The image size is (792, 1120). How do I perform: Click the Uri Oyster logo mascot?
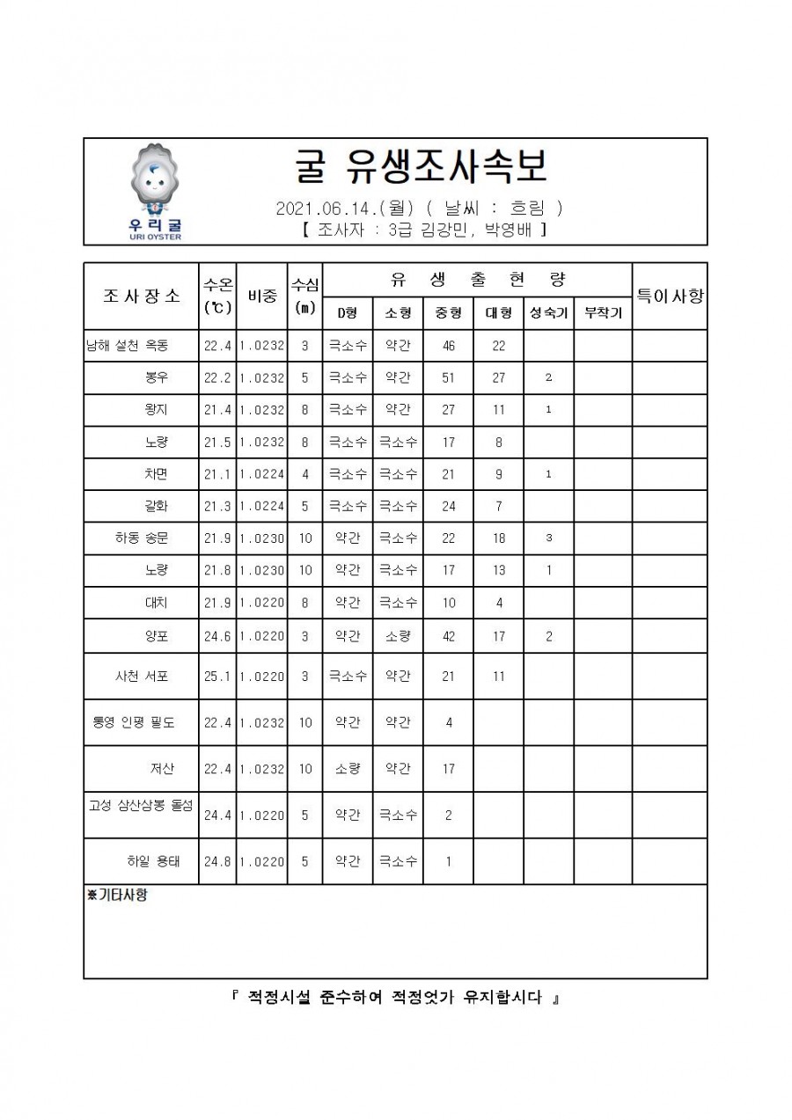(x=154, y=185)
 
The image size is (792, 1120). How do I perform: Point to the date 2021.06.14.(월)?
(x=345, y=209)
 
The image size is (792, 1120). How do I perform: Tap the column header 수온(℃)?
(x=217, y=296)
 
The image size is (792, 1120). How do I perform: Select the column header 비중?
(x=262, y=296)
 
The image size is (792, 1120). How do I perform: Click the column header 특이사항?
(x=670, y=296)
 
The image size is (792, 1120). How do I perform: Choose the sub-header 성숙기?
(x=548, y=313)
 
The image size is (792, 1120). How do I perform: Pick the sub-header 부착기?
(x=603, y=313)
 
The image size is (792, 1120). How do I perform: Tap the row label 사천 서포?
(x=141, y=677)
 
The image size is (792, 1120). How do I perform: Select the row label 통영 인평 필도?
(x=134, y=723)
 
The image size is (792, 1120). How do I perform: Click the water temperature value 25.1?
(x=217, y=677)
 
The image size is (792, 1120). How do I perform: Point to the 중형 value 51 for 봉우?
(x=448, y=378)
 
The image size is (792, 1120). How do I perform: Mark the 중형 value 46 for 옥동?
(x=448, y=346)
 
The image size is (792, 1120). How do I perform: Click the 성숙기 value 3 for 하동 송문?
(x=548, y=538)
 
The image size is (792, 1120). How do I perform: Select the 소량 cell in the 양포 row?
(x=398, y=636)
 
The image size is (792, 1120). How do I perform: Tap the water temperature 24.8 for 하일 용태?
(x=217, y=862)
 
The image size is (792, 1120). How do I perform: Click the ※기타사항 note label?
(x=117, y=895)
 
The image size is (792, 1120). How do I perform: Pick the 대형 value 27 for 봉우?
(x=498, y=378)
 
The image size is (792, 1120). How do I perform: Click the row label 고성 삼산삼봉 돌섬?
(x=141, y=805)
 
